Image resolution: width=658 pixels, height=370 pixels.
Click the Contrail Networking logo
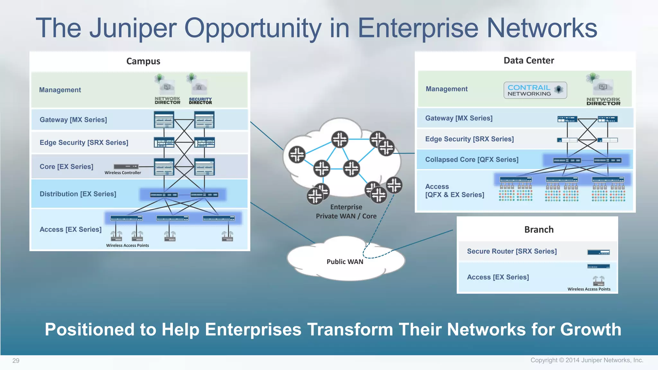coord(535,90)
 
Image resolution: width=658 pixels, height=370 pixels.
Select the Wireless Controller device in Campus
coord(126,166)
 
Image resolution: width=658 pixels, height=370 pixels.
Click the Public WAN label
coord(345,261)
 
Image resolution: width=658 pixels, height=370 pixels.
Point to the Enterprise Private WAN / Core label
coord(346,211)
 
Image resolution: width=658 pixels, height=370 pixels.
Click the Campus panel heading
coord(143,61)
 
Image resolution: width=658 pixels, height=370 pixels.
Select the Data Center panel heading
coord(529,60)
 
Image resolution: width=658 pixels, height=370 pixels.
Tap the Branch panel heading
coord(539,229)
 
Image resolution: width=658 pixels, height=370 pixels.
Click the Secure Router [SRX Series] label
coord(511,251)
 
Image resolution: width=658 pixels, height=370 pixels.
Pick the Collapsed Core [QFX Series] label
coord(472,159)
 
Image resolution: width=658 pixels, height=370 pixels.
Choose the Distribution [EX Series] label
coord(78,194)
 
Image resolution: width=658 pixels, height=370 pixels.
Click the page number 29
coord(16,360)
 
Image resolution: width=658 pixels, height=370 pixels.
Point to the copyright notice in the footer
coord(587,360)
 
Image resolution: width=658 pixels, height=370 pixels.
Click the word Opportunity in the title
coord(253,28)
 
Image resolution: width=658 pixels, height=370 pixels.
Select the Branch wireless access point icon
coord(598,280)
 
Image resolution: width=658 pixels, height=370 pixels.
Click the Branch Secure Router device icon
coord(598,252)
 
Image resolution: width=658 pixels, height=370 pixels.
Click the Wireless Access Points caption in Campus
coord(128,245)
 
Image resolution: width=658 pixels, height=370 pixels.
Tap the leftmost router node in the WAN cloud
coord(297,154)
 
